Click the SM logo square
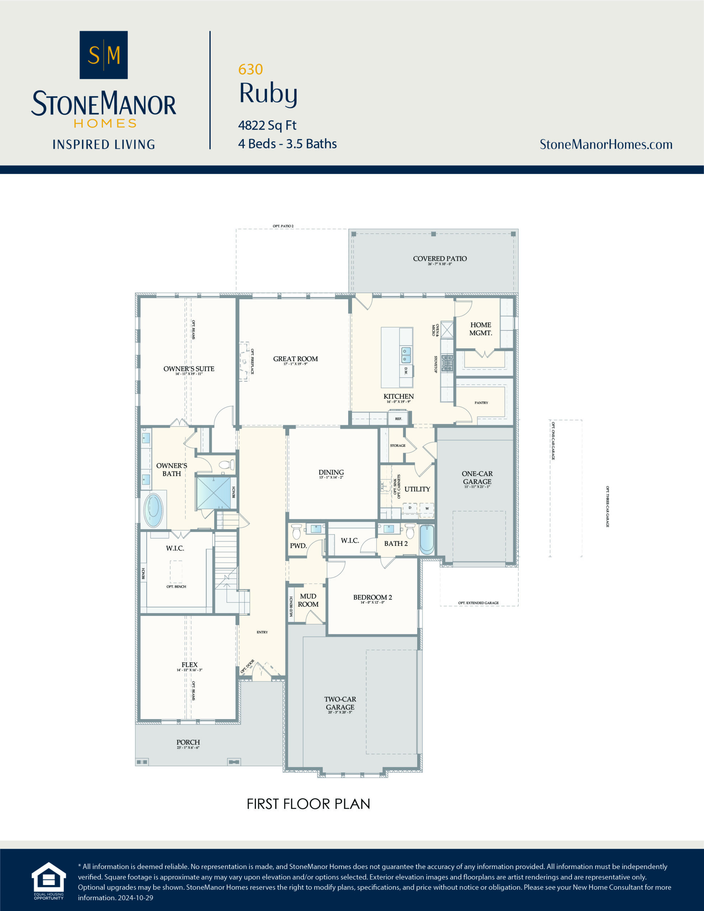[104, 55]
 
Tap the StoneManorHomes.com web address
[605, 144]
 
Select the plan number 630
[250, 69]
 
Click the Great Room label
[295, 359]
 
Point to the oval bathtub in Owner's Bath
[153, 510]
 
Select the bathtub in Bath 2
[426, 539]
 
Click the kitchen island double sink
[406, 355]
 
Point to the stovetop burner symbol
[447, 363]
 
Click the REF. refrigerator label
[399, 418]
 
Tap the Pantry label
[481, 402]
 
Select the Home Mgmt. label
[480, 329]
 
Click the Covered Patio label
[440, 259]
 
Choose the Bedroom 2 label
[372, 597]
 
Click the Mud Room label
[308, 600]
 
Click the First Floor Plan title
[308, 804]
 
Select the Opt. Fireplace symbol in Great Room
[244, 362]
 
